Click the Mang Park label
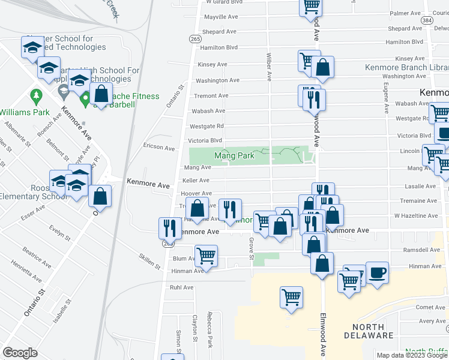coord(234,156)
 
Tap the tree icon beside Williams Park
coord(37,95)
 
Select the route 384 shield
coord(427,20)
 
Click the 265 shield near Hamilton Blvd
coord(195,38)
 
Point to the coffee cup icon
coord(377,274)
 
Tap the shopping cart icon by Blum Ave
coord(206,256)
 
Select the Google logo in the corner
coord(20,352)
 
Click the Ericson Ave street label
coord(158,148)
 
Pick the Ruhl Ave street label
coord(181,287)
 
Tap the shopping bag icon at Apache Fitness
coord(101,94)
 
